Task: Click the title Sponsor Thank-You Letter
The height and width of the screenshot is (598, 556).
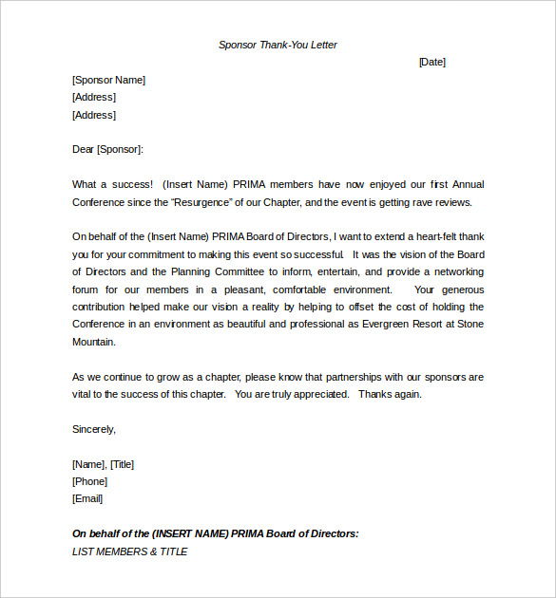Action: tap(278, 45)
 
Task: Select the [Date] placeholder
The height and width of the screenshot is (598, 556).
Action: tap(431, 62)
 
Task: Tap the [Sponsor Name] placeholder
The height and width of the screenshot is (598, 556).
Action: tap(108, 80)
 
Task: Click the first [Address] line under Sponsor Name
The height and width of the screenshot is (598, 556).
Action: tap(94, 97)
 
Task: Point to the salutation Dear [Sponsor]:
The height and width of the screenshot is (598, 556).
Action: tap(107, 149)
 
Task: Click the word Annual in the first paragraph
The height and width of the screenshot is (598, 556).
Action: tap(468, 184)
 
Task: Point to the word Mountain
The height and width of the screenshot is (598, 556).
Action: tap(94, 342)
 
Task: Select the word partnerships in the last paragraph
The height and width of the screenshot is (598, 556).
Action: tap(354, 377)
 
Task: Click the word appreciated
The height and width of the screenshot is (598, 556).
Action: tap(318, 394)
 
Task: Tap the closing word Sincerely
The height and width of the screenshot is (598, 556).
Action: tap(93, 429)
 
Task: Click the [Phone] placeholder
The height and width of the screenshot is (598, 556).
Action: tap(89, 481)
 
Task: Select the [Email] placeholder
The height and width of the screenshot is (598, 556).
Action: tap(87, 498)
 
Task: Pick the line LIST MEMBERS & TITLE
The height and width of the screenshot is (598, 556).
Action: tap(130, 551)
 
